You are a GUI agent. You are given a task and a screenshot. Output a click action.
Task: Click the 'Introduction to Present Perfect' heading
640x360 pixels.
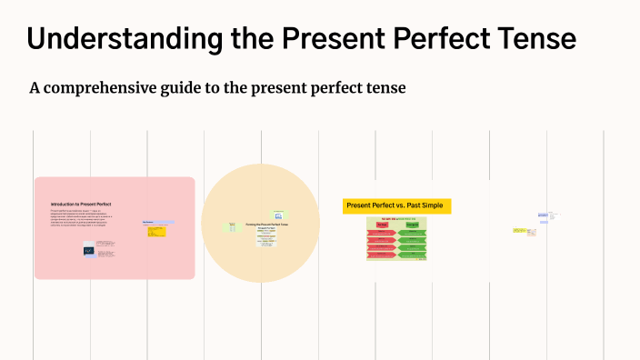(81, 204)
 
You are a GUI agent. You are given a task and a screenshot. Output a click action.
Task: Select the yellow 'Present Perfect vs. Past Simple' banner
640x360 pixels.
(396, 206)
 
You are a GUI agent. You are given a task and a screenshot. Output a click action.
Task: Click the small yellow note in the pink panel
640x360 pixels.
(156, 231)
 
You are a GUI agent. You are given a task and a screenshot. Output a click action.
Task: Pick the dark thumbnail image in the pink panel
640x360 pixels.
(89, 250)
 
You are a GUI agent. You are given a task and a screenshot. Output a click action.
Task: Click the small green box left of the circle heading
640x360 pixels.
(230, 226)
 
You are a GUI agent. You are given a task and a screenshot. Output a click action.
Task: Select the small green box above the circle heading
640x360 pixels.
(277, 215)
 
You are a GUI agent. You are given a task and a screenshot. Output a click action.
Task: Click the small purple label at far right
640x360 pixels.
(543, 215)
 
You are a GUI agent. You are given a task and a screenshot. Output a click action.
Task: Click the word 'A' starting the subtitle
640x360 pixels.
(35, 88)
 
